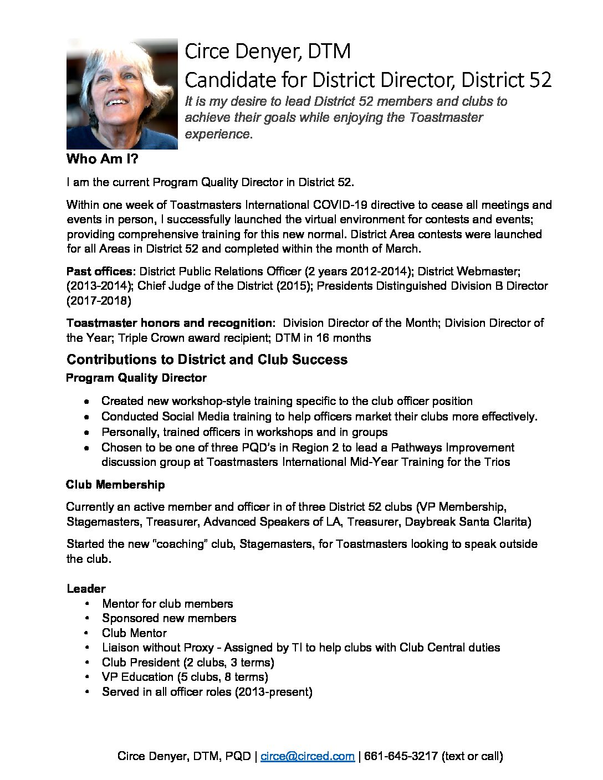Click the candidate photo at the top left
pos(122,94)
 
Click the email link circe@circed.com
pos(308,756)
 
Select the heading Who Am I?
pos(102,159)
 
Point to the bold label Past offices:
pos(101,271)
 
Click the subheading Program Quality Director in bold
pos(136,378)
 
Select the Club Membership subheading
pos(115,485)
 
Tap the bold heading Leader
pos(86,588)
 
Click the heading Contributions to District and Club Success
pos(207,360)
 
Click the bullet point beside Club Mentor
pos(87,633)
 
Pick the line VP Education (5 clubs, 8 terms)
pos(185,677)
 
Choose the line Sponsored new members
pos(169,618)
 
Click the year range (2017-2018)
pos(99,301)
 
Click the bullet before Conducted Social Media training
pos(87,417)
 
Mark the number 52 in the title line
pos(540,80)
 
